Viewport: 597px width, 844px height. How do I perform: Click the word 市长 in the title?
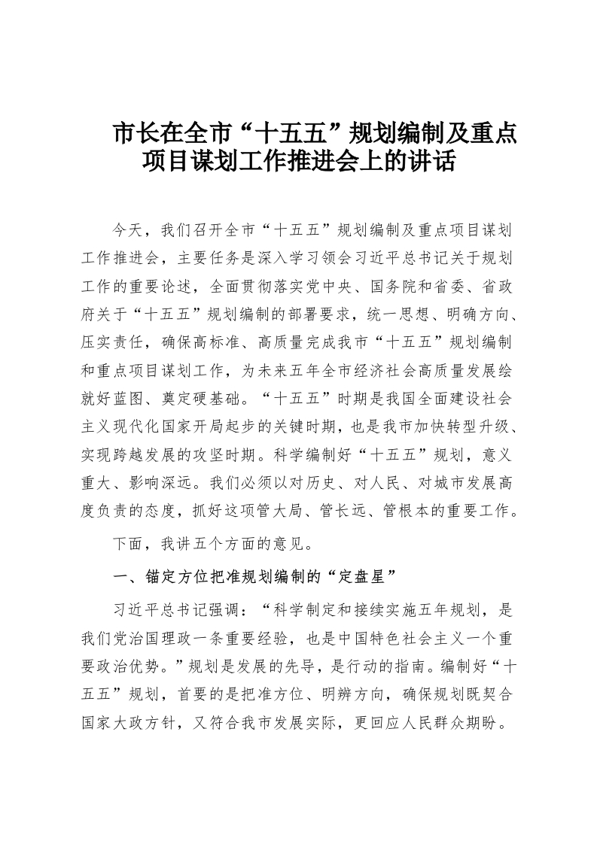tap(134, 135)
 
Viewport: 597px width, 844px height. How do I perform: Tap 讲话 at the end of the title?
tap(436, 162)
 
